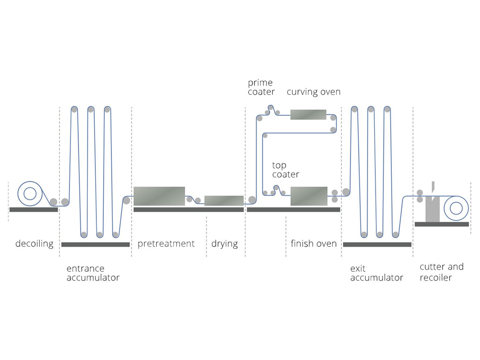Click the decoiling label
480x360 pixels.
click(34, 244)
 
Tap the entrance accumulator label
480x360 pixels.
click(93, 273)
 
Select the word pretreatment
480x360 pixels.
click(166, 244)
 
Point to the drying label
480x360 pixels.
click(224, 244)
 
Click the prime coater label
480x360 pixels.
click(261, 87)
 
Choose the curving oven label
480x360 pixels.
click(313, 91)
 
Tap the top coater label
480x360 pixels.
click(286, 170)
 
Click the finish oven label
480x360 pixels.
click(313, 244)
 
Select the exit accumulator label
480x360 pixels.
click(377, 273)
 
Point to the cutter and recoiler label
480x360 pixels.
click(441, 272)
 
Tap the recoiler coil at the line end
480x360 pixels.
click(456, 208)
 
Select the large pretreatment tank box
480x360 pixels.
click(159, 196)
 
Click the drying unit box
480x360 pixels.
click(224, 201)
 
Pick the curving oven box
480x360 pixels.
click(308, 114)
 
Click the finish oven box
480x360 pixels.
click(309, 196)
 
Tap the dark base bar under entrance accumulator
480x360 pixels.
click(95, 245)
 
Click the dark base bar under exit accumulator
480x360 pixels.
click(377, 245)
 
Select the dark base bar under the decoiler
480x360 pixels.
click(33, 210)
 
